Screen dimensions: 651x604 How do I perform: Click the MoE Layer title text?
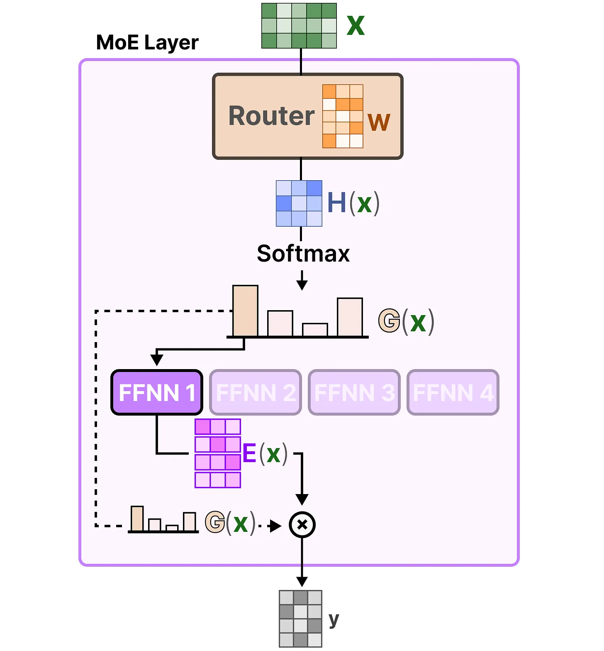click(x=147, y=42)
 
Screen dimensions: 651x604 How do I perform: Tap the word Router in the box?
click(x=272, y=116)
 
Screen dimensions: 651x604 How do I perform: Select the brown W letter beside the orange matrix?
click(x=379, y=122)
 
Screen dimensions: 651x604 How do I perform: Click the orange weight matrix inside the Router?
click(x=343, y=116)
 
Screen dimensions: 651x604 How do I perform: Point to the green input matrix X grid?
click(x=299, y=26)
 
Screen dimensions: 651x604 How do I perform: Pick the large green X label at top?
click(x=356, y=26)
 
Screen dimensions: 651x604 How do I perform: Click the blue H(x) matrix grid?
click(x=299, y=203)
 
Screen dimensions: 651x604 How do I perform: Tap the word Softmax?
click(x=303, y=253)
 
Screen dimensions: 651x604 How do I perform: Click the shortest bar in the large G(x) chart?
click(x=315, y=330)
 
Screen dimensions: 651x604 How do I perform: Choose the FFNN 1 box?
click(x=157, y=392)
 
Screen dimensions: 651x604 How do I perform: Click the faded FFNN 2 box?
click(x=256, y=392)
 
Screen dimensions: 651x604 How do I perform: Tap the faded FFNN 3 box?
click(x=354, y=392)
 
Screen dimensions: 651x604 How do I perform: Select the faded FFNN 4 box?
click(x=453, y=392)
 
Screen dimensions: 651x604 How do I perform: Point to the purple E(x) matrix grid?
click(x=218, y=453)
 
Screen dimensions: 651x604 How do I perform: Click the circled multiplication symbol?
click(x=302, y=525)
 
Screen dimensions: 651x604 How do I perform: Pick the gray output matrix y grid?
click(x=301, y=619)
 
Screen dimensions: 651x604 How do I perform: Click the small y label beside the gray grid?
click(x=334, y=619)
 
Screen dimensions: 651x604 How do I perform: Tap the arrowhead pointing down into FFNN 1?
click(x=157, y=360)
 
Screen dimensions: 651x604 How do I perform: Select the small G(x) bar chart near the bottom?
click(x=163, y=520)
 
